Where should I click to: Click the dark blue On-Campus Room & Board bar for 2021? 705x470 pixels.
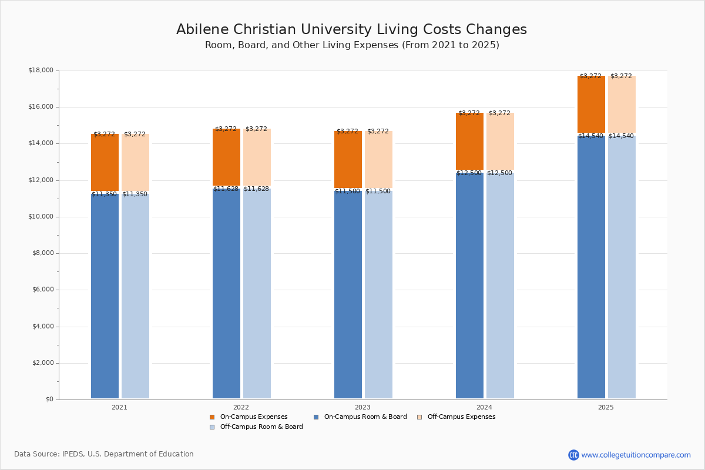pyautogui.click(x=105, y=297)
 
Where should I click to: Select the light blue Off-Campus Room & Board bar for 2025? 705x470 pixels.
pyautogui.click(x=622, y=267)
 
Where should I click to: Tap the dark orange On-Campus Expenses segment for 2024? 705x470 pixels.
pyautogui.click(x=469, y=142)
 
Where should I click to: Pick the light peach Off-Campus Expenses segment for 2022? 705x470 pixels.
pyautogui.click(x=257, y=157)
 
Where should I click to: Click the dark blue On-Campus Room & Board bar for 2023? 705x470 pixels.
pyautogui.click(x=348, y=294)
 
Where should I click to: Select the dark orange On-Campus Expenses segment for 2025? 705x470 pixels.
pyautogui.click(x=591, y=105)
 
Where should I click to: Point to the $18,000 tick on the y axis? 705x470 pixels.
pyautogui.click(x=41, y=70)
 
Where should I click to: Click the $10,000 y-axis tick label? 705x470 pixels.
pyautogui.click(x=41, y=217)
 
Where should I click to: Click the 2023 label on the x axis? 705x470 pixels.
pyautogui.click(x=362, y=407)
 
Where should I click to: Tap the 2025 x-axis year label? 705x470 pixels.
pyautogui.click(x=606, y=407)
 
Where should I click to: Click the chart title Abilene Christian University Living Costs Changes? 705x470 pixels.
pyautogui.click(x=351, y=30)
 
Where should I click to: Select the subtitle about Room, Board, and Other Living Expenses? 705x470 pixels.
pyautogui.click(x=351, y=45)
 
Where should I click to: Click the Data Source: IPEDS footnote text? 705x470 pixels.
pyautogui.click(x=103, y=454)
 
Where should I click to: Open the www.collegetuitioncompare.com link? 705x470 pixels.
pyautogui.click(x=636, y=455)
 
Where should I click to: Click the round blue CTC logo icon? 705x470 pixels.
pyautogui.click(x=573, y=455)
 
